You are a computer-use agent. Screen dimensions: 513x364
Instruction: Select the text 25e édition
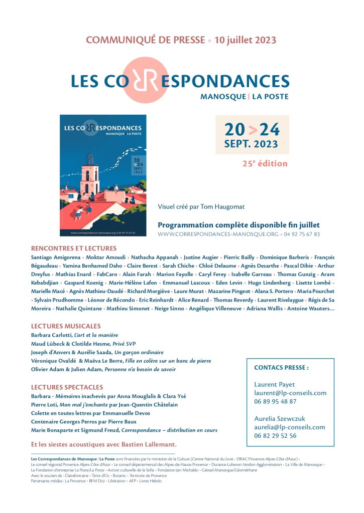[265, 163]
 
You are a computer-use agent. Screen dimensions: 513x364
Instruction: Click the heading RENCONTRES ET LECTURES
[74, 248]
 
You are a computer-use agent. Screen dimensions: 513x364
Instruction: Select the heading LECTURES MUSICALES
[66, 326]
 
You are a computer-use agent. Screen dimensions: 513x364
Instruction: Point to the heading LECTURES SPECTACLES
[67, 387]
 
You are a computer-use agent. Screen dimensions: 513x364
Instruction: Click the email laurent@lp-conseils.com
[290, 393]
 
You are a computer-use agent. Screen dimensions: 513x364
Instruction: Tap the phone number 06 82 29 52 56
[275, 436]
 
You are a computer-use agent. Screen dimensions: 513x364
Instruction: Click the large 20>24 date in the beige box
[252, 129]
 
